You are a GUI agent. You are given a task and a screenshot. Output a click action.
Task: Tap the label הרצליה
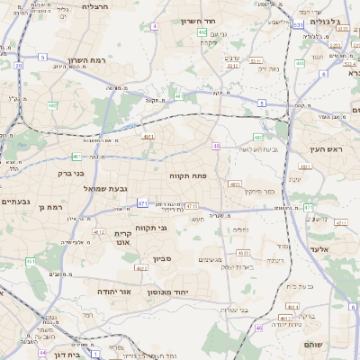click(95, 6)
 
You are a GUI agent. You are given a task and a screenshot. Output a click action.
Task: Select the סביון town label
click(163, 258)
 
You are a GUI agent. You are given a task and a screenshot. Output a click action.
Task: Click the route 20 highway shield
click(19, 66)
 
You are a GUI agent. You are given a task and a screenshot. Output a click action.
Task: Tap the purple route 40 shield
click(216, 145)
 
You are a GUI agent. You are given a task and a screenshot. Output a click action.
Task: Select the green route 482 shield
click(52, 105)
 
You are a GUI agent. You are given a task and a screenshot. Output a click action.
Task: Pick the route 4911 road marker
click(148, 137)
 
